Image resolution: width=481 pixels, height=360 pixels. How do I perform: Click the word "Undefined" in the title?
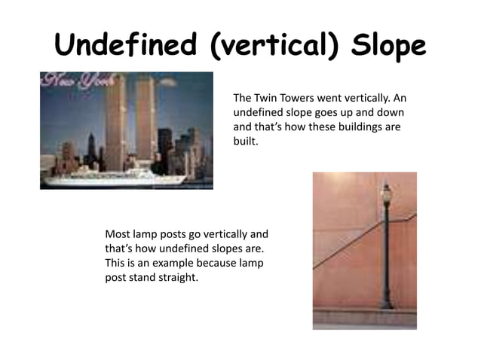(126, 47)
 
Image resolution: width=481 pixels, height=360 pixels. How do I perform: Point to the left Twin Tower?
(115, 124)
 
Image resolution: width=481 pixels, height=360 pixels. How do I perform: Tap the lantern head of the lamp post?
(386, 194)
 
